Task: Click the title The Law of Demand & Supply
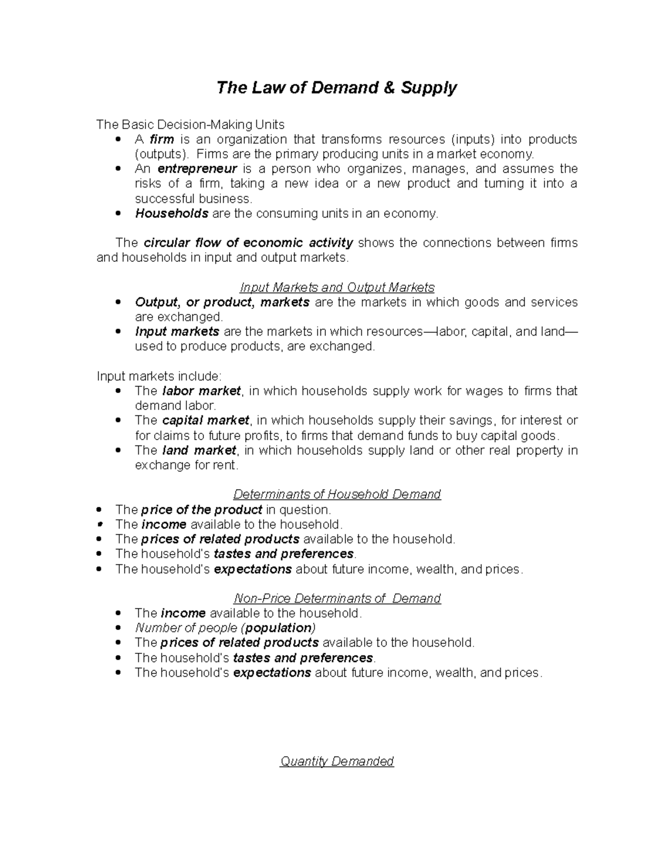337,87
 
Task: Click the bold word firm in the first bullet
162,139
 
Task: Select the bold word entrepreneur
197,169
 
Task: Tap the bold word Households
172,213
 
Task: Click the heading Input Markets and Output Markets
337,288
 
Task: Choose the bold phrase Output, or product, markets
222,302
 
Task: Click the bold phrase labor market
201,391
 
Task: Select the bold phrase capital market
206,420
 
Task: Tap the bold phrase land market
199,450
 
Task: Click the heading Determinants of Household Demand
337,494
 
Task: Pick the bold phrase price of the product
202,510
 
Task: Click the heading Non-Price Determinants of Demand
337,598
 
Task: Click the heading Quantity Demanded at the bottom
337,761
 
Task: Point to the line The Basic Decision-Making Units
190,125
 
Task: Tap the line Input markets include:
159,376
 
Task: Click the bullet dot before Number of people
118,628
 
